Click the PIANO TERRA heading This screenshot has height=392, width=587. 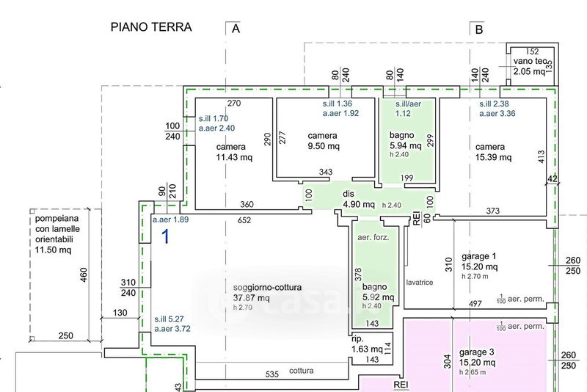tap(151, 28)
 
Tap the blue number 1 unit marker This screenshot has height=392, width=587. tap(166, 236)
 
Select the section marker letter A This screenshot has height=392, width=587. tap(236, 29)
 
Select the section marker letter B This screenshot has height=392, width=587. tap(479, 29)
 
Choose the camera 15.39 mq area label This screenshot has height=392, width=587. tap(491, 152)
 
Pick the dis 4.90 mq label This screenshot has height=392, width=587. tap(359, 199)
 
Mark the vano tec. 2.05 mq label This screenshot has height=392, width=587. tap(530, 67)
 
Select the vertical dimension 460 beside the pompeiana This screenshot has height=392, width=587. tap(84, 276)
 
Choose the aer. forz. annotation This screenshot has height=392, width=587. tap(373, 237)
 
